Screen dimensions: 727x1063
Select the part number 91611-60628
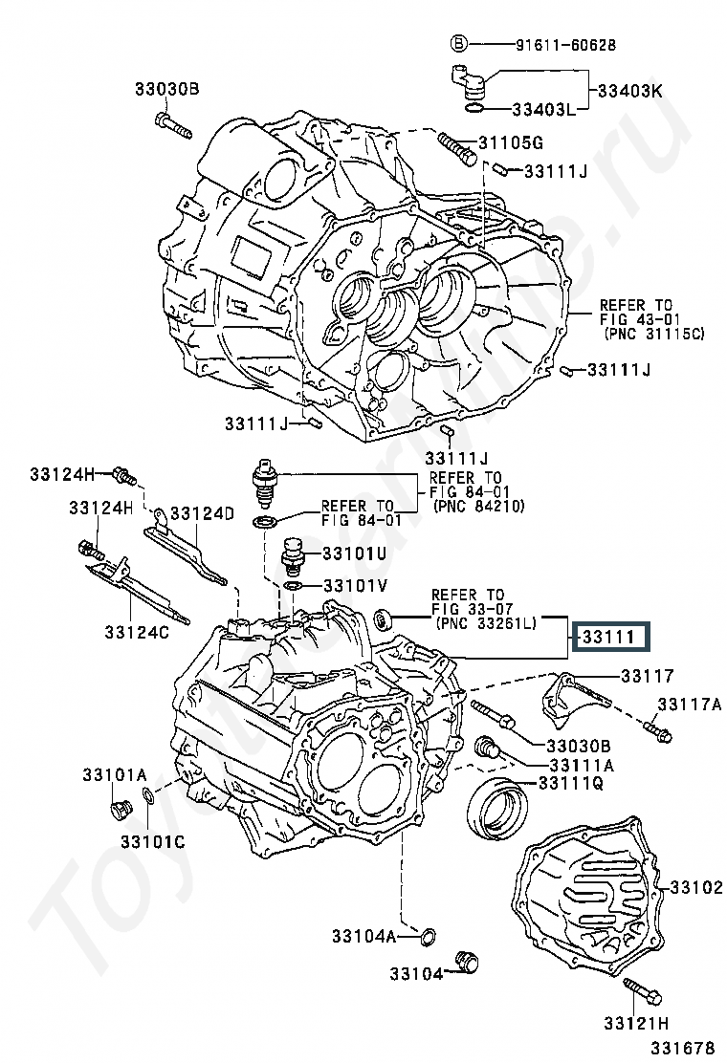coord(565,45)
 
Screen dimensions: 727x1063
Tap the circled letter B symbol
coord(459,45)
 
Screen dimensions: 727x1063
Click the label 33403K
coord(629,90)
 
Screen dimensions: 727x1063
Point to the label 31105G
coord(511,143)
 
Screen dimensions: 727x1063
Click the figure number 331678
coord(684,1048)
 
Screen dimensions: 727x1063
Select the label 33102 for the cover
coord(696,887)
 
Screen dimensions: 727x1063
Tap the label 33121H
coord(637,1023)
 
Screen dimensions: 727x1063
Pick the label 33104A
coord(363,936)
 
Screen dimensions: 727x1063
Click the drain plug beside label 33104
coord(467,962)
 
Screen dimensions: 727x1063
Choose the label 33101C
coord(153,842)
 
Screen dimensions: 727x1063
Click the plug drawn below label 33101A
coord(120,810)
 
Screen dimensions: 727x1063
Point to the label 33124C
coord(137,633)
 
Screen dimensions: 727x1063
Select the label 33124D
coord(202,513)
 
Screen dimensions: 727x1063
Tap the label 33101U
coord(354,553)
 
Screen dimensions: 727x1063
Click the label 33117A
coord(690,705)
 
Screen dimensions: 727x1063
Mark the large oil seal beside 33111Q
coord(498,808)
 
